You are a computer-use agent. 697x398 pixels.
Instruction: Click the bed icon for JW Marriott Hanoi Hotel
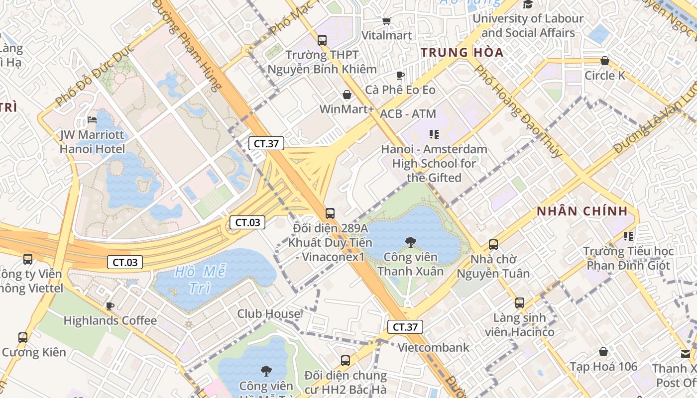[x=92, y=120]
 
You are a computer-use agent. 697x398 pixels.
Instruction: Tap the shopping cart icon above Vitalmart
[x=386, y=21]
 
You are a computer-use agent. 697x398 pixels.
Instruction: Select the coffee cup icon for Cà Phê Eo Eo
[x=400, y=75]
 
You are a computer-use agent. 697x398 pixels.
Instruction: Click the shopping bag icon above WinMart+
[x=347, y=95]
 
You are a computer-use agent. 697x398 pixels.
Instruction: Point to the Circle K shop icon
[x=604, y=61]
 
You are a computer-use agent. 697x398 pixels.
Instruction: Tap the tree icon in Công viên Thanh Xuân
[x=411, y=242]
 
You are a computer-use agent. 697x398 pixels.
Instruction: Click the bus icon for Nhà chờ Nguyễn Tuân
[x=493, y=245]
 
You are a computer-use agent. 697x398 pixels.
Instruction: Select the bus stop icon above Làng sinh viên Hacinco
[x=520, y=302]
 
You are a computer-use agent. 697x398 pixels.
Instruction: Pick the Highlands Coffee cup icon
[x=110, y=306]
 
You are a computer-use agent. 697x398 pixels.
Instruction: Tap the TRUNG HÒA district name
[x=462, y=52]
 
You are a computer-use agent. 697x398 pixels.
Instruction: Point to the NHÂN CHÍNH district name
[x=582, y=211]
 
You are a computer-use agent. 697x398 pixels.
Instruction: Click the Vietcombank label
[x=433, y=347]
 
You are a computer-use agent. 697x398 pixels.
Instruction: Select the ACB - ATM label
[x=408, y=114]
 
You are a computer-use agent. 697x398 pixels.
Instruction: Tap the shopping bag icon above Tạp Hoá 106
[x=603, y=352]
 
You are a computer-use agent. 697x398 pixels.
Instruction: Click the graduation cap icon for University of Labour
[x=528, y=4]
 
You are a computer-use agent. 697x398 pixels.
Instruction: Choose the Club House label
[x=269, y=314]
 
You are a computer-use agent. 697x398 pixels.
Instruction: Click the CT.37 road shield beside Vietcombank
[x=405, y=327]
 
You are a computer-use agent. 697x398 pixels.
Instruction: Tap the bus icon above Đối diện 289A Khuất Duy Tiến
[x=330, y=213]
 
